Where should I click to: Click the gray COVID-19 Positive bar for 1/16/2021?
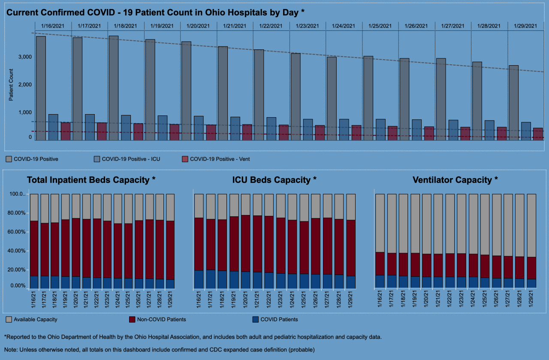pyautogui.click(x=41, y=88)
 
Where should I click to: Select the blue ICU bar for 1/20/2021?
pyautogui.click(x=199, y=128)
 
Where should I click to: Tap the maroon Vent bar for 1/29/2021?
pyautogui.click(x=538, y=134)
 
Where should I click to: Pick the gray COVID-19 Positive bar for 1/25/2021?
pyautogui.click(x=368, y=98)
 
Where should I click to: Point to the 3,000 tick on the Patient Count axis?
pyautogui.click(x=24, y=57)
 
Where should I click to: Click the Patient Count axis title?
pyautogui.click(x=12, y=85)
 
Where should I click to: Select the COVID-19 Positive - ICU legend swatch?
pyautogui.click(x=97, y=159)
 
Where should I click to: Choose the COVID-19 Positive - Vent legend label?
pyautogui.click(x=220, y=159)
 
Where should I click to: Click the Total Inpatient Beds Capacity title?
pyautogui.click(x=91, y=180)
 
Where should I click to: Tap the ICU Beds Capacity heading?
pyautogui.click(x=274, y=180)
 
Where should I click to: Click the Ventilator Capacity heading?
pyautogui.click(x=455, y=180)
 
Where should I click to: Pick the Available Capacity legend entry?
pyautogui.click(x=35, y=320)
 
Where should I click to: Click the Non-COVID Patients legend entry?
pyautogui.click(x=161, y=320)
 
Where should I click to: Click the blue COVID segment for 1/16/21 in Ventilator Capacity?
pyautogui.click(x=380, y=281)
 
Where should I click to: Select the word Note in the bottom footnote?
pyautogui.click(x=11, y=350)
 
